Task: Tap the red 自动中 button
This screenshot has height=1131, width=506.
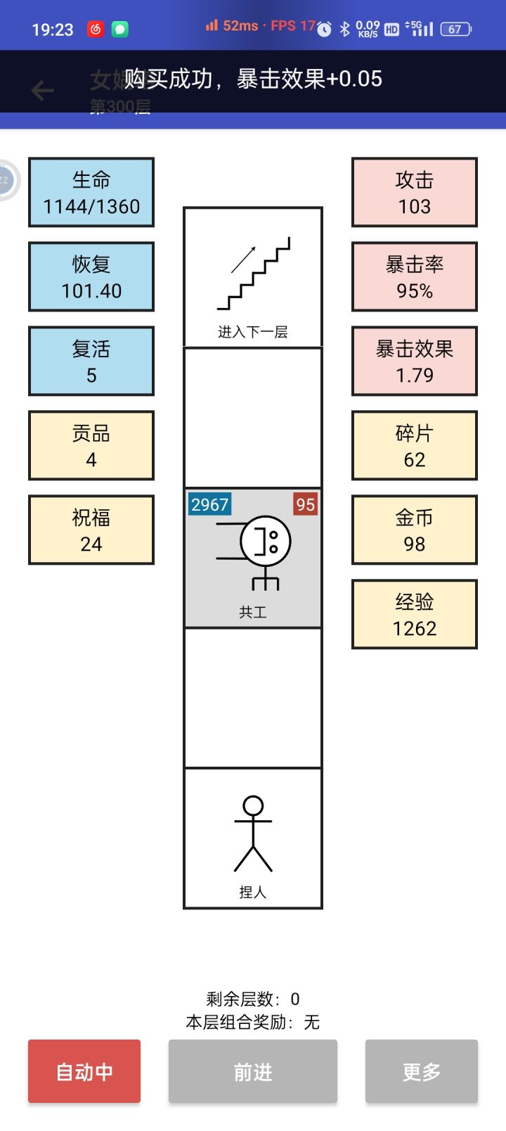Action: click(84, 1071)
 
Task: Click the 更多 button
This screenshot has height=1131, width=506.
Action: click(421, 1071)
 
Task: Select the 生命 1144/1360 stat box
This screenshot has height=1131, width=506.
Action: click(91, 192)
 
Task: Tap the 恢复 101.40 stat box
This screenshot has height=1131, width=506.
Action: click(91, 276)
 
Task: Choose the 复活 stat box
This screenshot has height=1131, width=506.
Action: click(91, 361)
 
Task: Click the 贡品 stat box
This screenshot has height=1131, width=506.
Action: click(91, 445)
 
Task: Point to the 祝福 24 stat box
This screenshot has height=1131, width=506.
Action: click(91, 530)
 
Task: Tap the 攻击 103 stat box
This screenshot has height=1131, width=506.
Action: click(415, 192)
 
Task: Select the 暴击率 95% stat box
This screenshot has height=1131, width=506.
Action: click(415, 276)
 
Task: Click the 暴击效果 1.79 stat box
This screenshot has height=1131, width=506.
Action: click(415, 361)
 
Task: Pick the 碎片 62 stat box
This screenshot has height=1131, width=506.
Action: click(415, 445)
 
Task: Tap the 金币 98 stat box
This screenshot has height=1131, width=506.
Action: click(415, 530)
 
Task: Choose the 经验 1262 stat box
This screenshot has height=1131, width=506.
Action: click(415, 614)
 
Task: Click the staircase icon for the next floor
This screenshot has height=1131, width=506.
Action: click(254, 275)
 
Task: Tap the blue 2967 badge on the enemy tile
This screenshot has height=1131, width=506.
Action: click(209, 504)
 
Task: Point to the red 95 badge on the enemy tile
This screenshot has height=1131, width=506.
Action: click(305, 504)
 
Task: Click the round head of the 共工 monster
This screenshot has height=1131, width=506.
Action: click(265, 541)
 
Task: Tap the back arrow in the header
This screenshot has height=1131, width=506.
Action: click(43, 90)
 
